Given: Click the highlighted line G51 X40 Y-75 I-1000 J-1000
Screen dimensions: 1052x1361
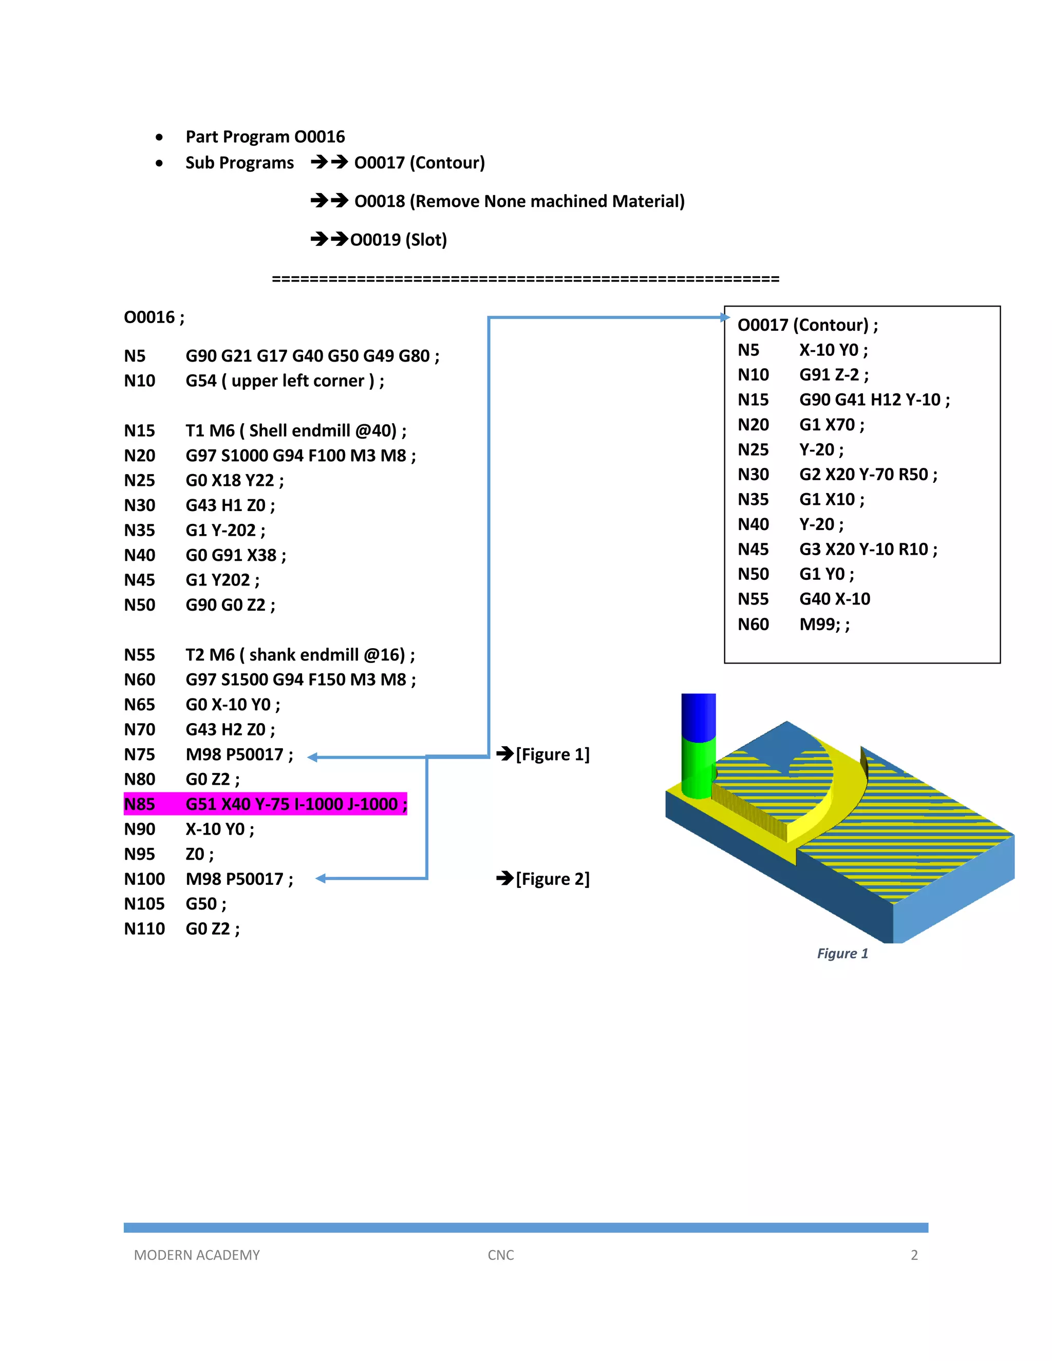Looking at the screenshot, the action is click(265, 804).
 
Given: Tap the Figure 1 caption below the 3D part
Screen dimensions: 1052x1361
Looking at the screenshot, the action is click(842, 953).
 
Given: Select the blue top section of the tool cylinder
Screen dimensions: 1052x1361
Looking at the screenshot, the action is click(698, 715).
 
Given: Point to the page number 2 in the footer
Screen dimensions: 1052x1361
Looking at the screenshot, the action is click(914, 1255).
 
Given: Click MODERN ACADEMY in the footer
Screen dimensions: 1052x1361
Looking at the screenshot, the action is click(197, 1255).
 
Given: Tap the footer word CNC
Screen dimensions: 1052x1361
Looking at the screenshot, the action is click(500, 1255).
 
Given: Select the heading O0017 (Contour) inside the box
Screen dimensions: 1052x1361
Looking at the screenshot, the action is click(807, 325).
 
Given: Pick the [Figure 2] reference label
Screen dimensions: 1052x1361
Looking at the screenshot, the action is click(552, 879).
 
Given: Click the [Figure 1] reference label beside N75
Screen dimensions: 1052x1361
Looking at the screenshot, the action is click(552, 754).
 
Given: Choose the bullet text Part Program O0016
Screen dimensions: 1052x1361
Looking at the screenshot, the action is click(265, 137).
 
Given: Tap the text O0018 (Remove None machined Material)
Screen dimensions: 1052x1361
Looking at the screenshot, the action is click(519, 201).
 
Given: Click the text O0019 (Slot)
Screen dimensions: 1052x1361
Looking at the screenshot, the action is click(398, 240).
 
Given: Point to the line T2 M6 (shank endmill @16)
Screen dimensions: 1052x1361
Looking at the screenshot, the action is click(300, 654).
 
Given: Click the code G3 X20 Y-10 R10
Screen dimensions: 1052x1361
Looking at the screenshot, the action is click(868, 549).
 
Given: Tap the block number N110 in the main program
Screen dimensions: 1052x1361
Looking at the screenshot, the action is click(144, 929).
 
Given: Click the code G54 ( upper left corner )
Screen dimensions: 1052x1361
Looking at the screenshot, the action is click(285, 381).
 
